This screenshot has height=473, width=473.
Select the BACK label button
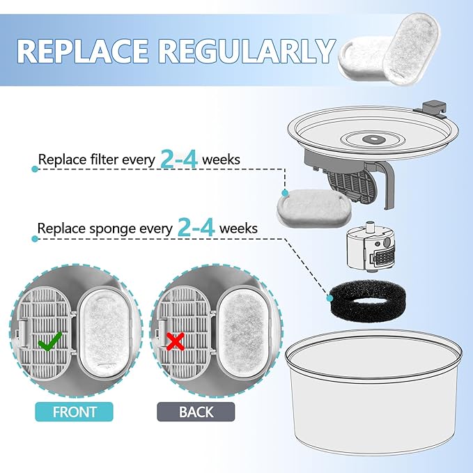point(196,411)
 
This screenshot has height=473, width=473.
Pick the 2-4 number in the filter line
point(178,160)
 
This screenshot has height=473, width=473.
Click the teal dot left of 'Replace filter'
point(34,169)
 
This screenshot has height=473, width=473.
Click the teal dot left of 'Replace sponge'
point(34,239)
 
